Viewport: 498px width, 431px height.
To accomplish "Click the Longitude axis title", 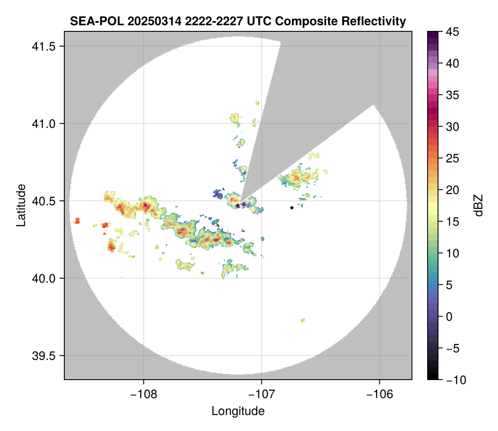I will click(x=238, y=411).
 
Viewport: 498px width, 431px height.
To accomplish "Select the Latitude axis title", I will click(x=20, y=205).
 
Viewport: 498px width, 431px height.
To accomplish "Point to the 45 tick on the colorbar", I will click(x=452, y=32).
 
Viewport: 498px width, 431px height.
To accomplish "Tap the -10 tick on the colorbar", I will click(x=454, y=380).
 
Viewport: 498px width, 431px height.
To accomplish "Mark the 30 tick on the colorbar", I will click(x=452, y=127).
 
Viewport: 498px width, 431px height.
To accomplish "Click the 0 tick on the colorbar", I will click(x=449, y=317).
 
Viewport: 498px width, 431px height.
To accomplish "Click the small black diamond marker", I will click(x=292, y=208).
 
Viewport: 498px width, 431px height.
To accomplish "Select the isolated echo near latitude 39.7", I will click(x=302, y=320).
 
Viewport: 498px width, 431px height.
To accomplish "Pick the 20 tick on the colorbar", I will click(x=452, y=190).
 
